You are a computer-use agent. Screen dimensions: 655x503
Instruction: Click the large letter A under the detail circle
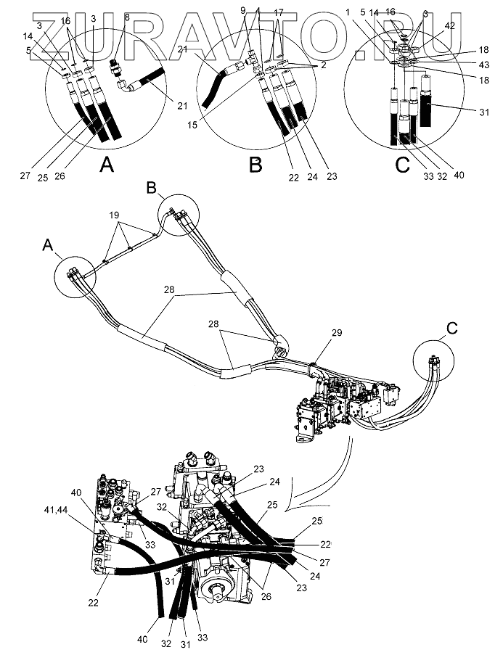[107, 164]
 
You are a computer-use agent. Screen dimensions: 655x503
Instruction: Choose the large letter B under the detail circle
[255, 165]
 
